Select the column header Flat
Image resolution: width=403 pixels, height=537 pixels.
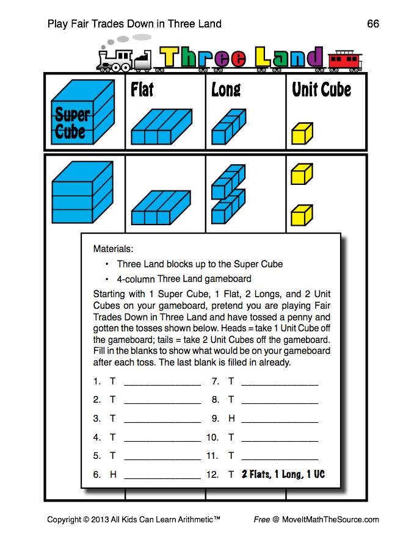[x=142, y=90]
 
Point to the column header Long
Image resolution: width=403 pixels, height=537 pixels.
[x=226, y=90]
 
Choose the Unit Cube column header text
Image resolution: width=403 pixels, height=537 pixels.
[x=321, y=90]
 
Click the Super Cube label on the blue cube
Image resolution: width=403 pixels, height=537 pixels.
[x=72, y=123]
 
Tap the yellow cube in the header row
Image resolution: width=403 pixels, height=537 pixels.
[x=302, y=132]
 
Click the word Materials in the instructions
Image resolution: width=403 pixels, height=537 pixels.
[x=112, y=249]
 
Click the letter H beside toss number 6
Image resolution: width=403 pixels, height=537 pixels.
[x=113, y=474]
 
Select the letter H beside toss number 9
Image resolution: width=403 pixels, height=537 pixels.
[x=231, y=419]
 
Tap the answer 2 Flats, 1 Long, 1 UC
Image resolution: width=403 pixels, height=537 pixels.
[x=283, y=474]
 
